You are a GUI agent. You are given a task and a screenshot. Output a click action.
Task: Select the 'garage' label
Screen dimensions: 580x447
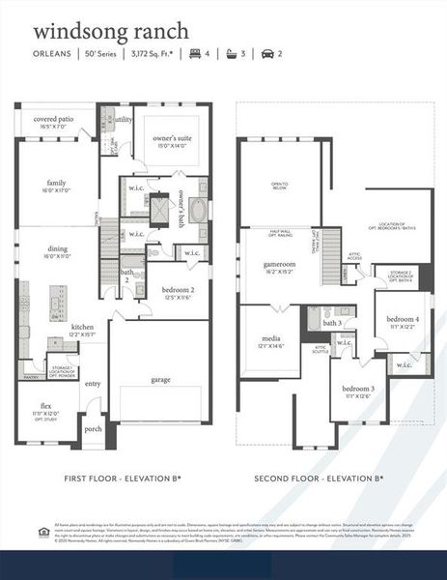tap(160, 379)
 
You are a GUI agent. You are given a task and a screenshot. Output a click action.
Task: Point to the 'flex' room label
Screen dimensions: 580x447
tap(45, 405)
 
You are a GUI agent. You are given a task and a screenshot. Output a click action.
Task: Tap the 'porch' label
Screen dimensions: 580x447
tap(93, 429)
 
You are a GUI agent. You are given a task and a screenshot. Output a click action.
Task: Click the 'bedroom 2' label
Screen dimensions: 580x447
tap(179, 290)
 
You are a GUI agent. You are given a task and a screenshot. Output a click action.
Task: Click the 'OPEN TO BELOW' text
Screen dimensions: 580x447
tap(279, 186)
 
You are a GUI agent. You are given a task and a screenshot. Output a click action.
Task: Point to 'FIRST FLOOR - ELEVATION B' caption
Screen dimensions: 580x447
tap(122, 478)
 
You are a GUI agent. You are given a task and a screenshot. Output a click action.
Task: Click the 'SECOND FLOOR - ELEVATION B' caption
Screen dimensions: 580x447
tap(319, 478)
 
